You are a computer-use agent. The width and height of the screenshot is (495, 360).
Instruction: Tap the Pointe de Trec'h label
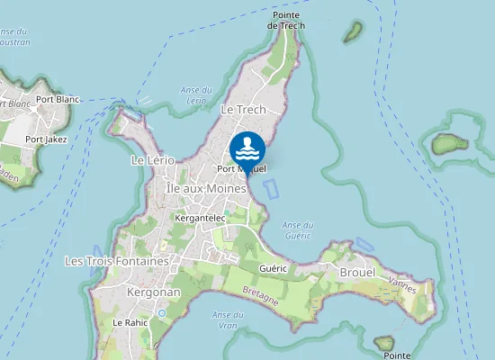point(286,21)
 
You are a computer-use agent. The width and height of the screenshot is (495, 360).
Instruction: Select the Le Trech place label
point(243,110)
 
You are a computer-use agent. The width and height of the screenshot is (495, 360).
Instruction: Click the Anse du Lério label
point(195,94)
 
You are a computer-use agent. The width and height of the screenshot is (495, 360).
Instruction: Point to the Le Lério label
point(151,160)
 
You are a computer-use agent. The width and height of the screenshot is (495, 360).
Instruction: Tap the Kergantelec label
point(200,218)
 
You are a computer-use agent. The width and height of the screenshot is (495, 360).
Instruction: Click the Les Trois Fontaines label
point(117,261)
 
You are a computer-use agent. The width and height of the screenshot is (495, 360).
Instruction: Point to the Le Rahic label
point(129,322)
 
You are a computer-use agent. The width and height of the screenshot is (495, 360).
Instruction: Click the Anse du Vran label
point(221,319)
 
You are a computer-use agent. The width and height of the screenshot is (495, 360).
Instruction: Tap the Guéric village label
point(272,268)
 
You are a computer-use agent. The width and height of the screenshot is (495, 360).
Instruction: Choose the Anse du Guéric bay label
point(297,229)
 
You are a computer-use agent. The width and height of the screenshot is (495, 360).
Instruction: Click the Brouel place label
point(357,271)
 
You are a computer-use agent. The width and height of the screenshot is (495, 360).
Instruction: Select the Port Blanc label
point(58,99)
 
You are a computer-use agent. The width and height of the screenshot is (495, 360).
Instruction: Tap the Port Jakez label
point(46,139)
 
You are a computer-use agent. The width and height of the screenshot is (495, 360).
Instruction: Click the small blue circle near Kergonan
point(161,312)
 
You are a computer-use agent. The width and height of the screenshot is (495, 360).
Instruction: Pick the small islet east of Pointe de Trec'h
point(353,33)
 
